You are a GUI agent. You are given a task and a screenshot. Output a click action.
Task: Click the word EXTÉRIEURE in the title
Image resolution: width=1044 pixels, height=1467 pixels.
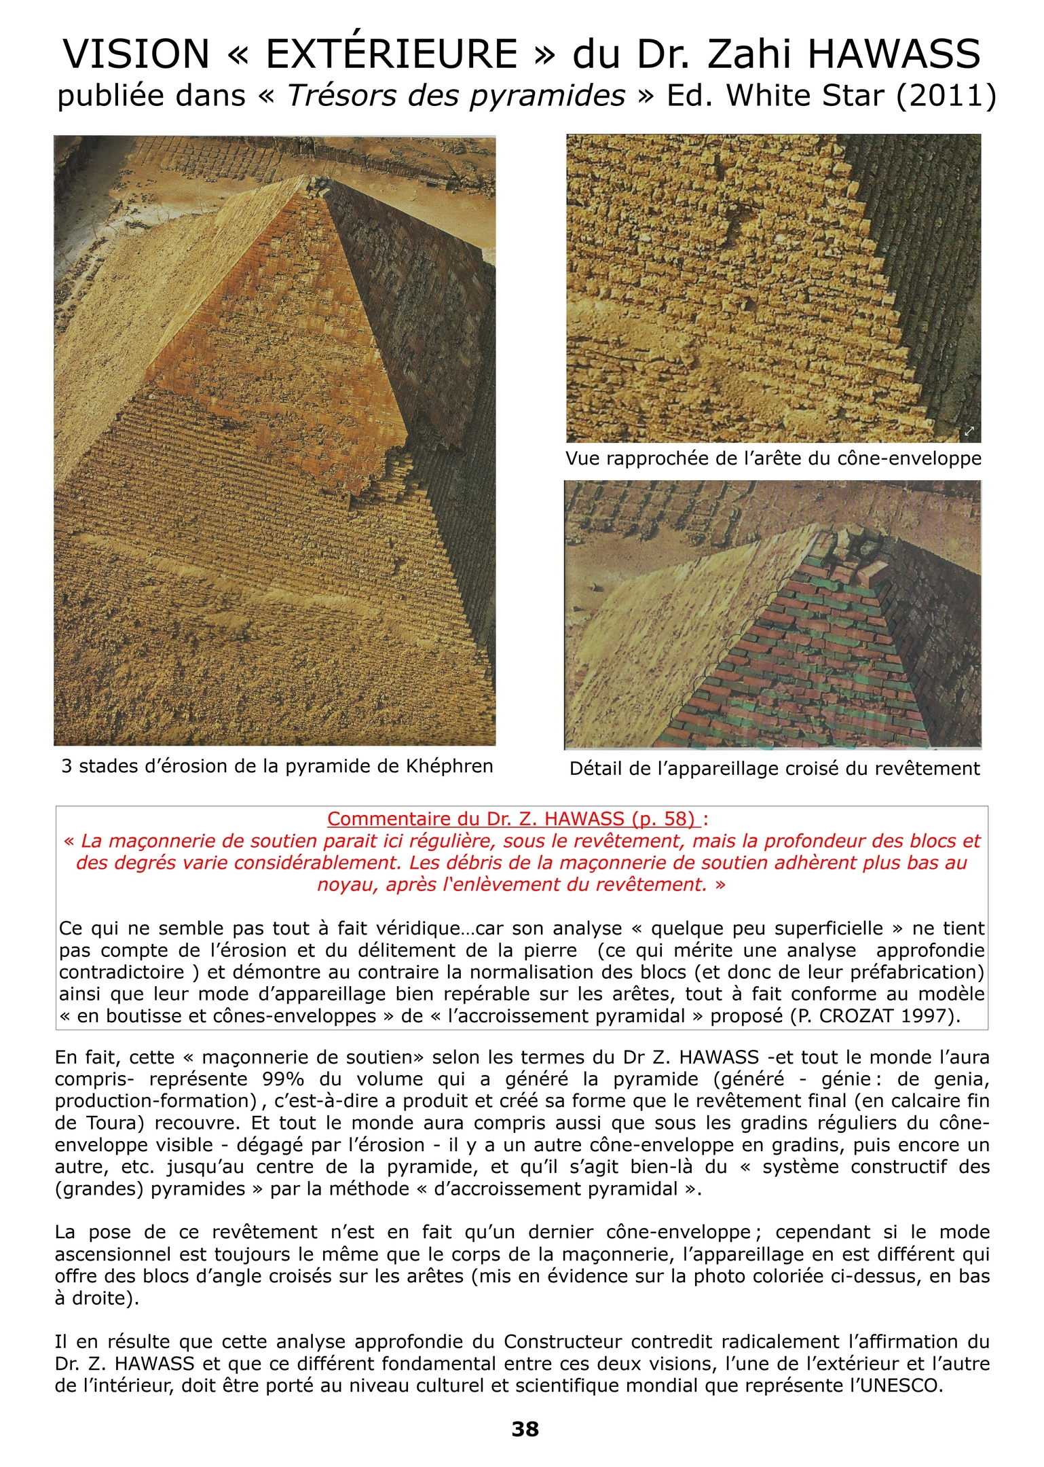pyautogui.click(x=392, y=54)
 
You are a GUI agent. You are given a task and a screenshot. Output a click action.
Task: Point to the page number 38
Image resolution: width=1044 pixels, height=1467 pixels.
pyautogui.click(x=525, y=1429)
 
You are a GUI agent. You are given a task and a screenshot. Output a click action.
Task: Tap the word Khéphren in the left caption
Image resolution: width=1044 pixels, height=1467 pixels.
pyautogui.click(x=449, y=766)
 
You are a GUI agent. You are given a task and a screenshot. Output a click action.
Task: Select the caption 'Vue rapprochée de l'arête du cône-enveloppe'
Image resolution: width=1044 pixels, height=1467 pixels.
pyautogui.click(x=773, y=458)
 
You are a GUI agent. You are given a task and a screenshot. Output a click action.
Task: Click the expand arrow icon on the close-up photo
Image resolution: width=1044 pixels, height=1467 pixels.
pyautogui.click(x=969, y=431)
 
